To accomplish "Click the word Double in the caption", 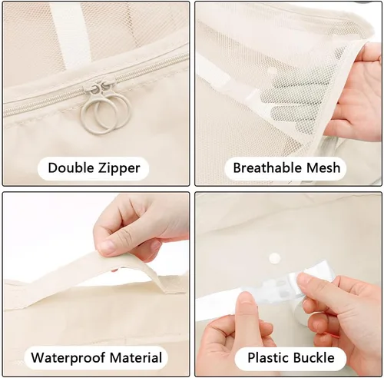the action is point(71,168).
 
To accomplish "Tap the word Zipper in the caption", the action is point(119,168).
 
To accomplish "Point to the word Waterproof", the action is point(68,358).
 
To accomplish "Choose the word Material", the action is point(136,357).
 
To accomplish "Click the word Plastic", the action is point(266,358).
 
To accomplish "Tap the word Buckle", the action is point(313,358).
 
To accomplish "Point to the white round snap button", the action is point(274,257).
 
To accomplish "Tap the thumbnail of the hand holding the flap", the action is point(108,247).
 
